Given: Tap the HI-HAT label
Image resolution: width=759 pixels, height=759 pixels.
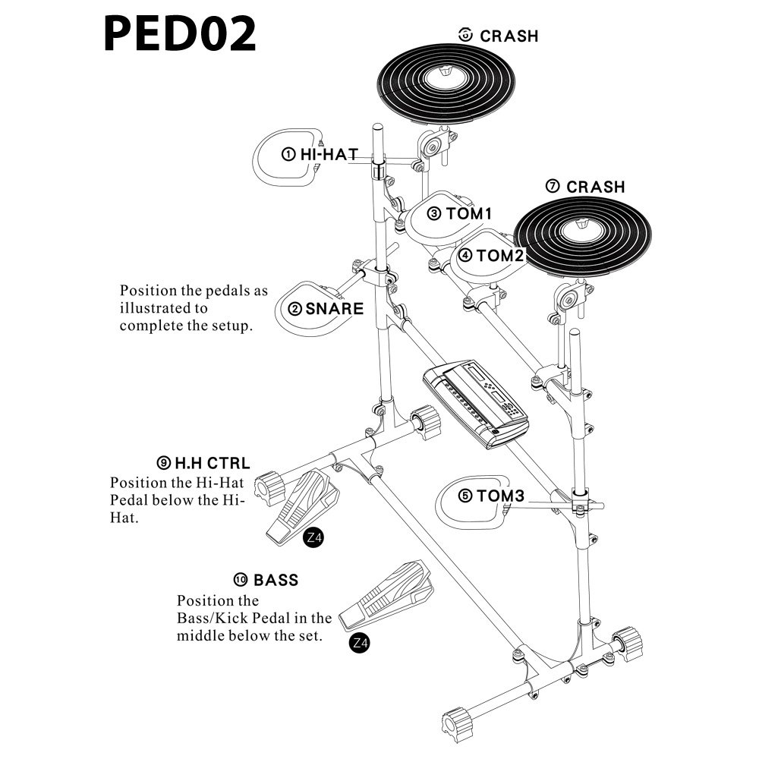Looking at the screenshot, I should [x=327, y=154].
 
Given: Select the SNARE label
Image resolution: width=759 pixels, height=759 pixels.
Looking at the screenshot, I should [x=334, y=309].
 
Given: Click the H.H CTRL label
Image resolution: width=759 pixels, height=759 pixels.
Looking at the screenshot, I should [x=213, y=462].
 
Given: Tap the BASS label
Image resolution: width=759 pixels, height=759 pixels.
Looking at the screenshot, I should [x=276, y=581].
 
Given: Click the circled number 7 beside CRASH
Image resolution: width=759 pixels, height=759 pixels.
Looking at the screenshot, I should [x=553, y=187].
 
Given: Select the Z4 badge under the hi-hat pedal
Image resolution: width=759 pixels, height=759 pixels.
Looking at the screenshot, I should [x=313, y=539].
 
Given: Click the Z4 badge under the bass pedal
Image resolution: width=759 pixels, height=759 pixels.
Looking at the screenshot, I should [x=361, y=643].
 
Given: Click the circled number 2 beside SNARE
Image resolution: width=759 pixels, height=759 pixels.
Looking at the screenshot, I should [x=294, y=309].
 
